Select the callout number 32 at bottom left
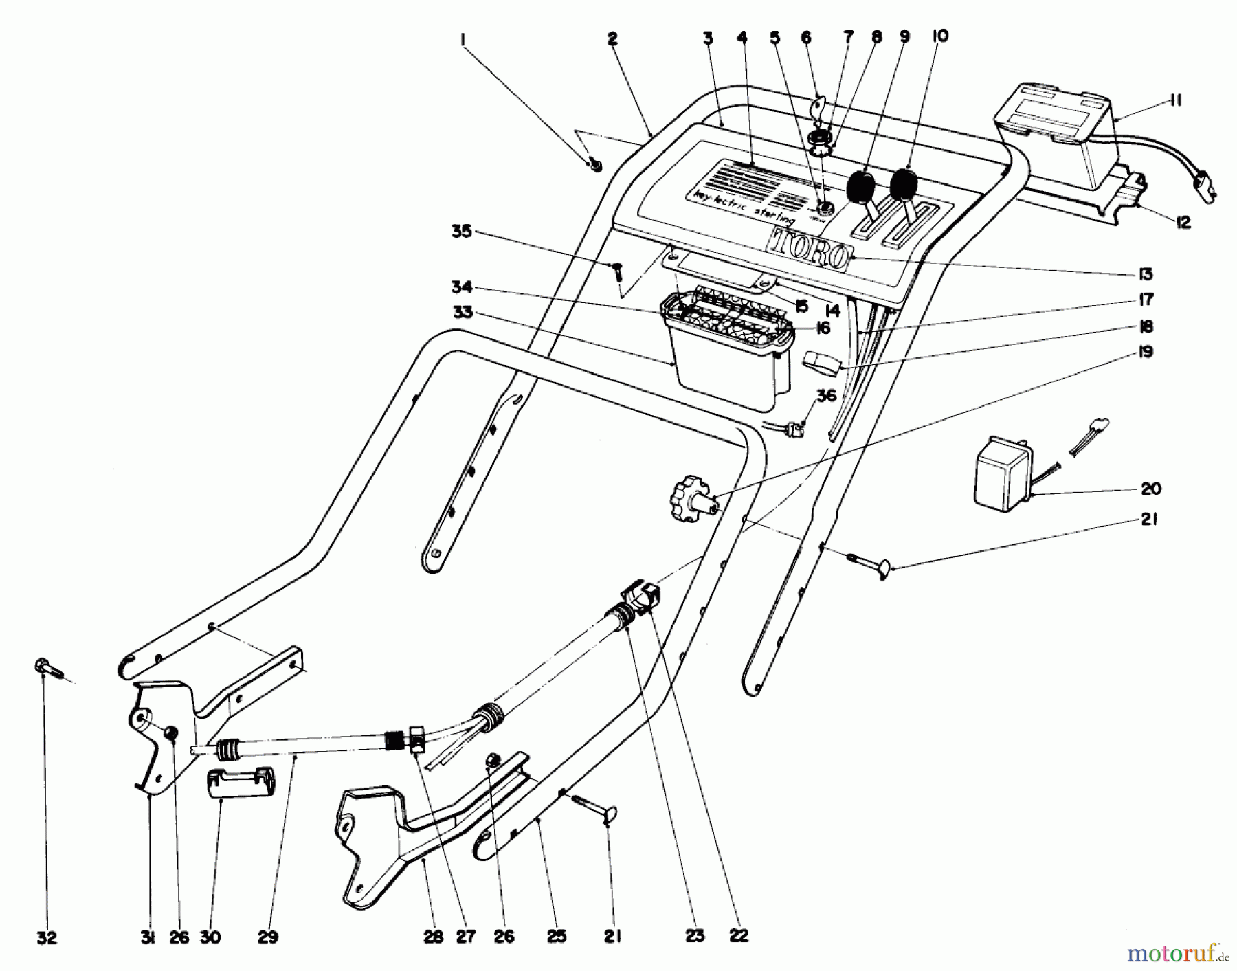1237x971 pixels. click(x=47, y=937)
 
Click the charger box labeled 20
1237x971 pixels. click(x=1003, y=474)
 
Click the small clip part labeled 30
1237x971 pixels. click(x=238, y=783)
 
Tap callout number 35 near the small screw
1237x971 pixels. click(x=461, y=232)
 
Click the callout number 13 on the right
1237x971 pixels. click(x=1144, y=274)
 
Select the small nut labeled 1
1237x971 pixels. click(x=595, y=165)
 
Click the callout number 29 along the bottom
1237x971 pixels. click(x=268, y=937)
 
